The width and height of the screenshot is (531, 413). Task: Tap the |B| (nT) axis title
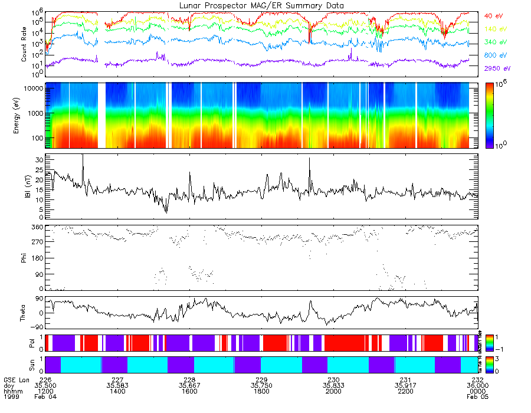[25, 186]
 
